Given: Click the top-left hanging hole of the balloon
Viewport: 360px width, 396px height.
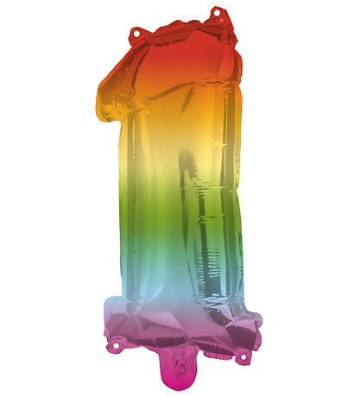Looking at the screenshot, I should click(135, 34).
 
